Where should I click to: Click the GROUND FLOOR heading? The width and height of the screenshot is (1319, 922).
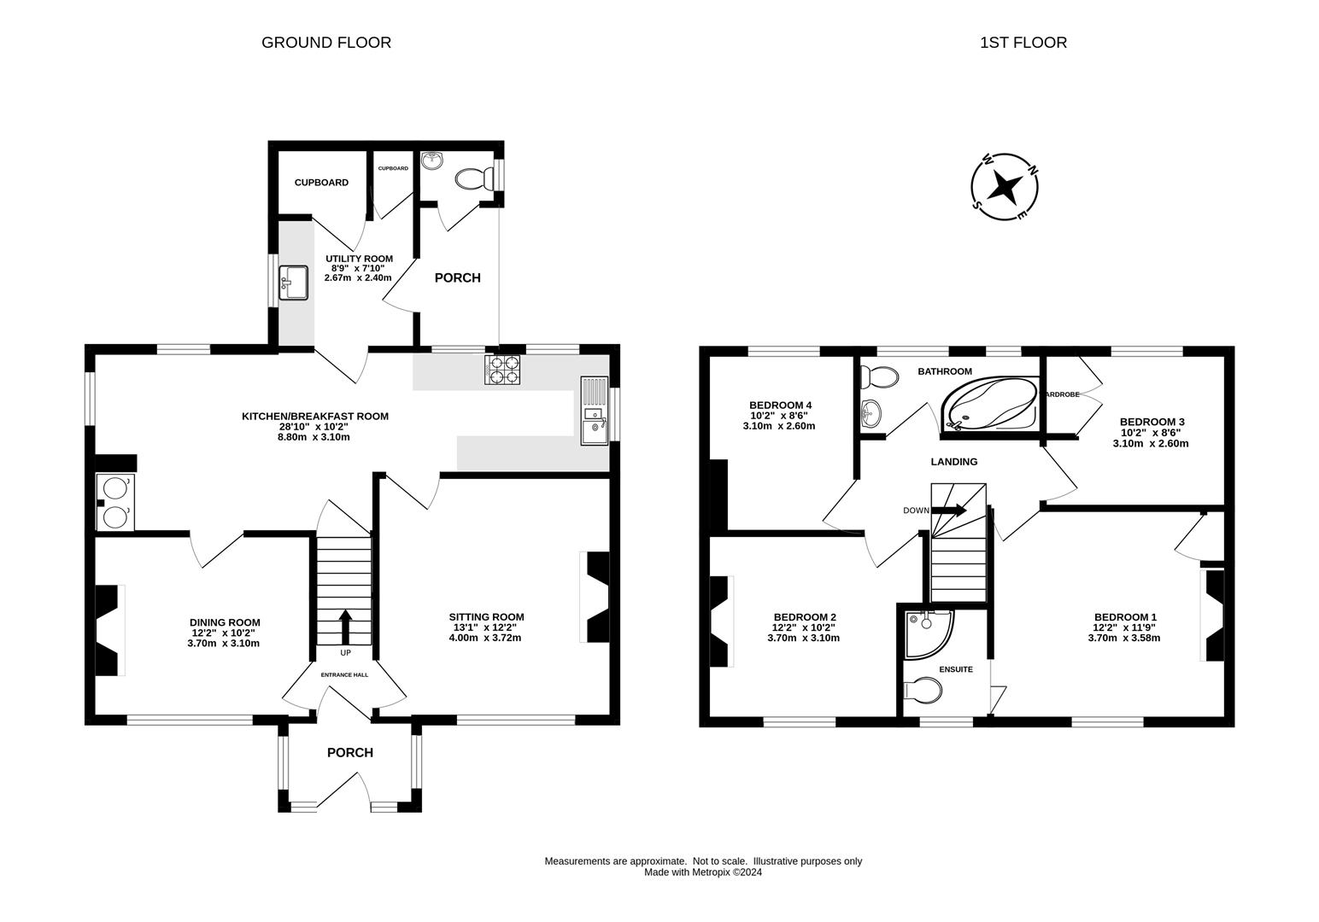point(326,43)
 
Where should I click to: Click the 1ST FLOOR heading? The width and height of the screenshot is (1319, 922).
point(1023,43)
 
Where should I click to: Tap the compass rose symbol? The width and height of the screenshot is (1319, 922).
point(1005,187)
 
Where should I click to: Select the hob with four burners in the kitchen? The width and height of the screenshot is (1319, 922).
point(502,371)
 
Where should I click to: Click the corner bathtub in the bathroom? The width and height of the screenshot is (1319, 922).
point(990,404)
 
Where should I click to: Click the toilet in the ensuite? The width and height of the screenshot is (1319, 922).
point(923,690)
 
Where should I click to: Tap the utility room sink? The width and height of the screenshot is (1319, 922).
point(293,283)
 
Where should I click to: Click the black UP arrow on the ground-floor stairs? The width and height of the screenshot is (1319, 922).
point(345,627)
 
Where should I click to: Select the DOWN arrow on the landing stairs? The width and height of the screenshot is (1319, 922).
point(948,511)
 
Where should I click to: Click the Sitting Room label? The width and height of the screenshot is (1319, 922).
point(486,617)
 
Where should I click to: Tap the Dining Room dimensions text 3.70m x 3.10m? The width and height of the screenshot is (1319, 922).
point(224,643)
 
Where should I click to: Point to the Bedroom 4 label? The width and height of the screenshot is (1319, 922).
point(780,406)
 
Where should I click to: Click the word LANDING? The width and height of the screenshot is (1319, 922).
point(954,462)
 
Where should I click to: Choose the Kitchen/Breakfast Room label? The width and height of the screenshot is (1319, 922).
point(315,417)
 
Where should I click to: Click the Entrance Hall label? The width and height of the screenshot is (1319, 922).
point(344,675)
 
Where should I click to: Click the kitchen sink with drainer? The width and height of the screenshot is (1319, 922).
point(595,411)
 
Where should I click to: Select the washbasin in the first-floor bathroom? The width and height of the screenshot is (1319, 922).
point(871,414)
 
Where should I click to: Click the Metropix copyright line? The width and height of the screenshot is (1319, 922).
point(702,872)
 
